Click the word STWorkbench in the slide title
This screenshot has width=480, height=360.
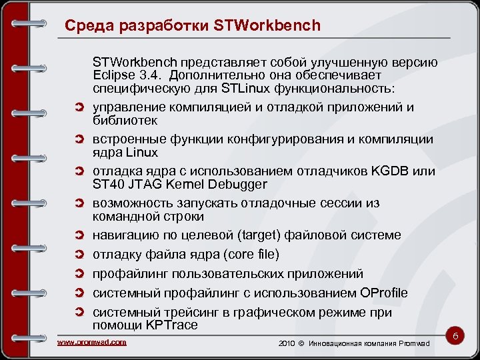point(268,26)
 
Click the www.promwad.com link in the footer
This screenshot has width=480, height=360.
point(92,342)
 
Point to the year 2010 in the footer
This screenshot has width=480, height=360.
point(285,343)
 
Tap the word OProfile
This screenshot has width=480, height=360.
point(383,293)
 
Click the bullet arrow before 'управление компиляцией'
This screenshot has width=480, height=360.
point(79,107)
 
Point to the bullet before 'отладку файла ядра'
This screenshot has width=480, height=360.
point(79,255)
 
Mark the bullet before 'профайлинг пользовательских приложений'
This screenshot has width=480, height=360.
point(79,274)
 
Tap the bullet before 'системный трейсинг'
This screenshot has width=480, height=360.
point(79,313)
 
